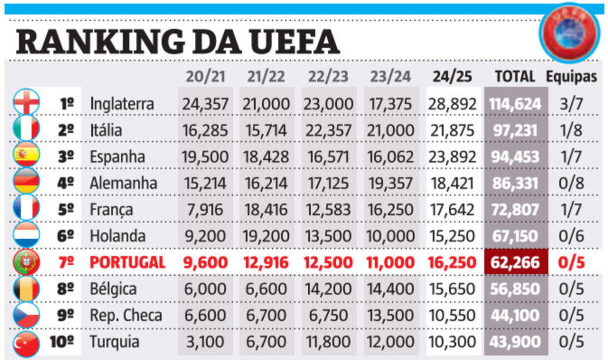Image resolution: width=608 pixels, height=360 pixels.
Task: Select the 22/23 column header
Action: pyautogui.click(x=329, y=76)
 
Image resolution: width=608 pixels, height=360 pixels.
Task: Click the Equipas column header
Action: pyautogui.click(x=571, y=76)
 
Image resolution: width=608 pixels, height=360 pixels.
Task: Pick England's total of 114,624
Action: pyautogui.click(x=515, y=104)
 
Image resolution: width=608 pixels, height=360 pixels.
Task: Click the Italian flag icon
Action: pyautogui.click(x=26, y=129)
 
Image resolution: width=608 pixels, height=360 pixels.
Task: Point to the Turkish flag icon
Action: pyautogui.click(x=26, y=342)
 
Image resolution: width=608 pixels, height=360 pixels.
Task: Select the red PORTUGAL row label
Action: pyautogui.click(x=127, y=262)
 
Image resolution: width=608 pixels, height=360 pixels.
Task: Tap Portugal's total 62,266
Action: pyautogui.click(x=515, y=262)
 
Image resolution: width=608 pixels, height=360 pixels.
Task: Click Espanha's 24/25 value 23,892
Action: pyautogui.click(x=452, y=157)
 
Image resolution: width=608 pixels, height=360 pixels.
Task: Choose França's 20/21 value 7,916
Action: pyautogui.click(x=205, y=209)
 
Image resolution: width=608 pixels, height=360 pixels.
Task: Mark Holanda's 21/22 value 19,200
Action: pyautogui.click(x=266, y=236)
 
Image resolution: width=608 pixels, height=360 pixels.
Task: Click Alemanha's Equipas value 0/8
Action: pyautogui.click(x=571, y=183)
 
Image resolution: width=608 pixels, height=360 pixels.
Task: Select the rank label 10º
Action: pyautogui.click(x=62, y=342)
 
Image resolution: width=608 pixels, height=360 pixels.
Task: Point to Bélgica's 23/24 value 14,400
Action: pyautogui.click(x=391, y=289)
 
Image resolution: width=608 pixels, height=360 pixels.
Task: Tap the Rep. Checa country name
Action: pyautogui.click(x=126, y=315)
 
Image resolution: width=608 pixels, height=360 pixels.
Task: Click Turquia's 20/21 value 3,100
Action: pyautogui.click(x=205, y=342)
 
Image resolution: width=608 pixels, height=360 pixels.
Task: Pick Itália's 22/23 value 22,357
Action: pyautogui.click(x=329, y=130)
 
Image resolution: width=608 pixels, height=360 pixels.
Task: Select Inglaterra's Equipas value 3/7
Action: pyautogui.click(x=571, y=104)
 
